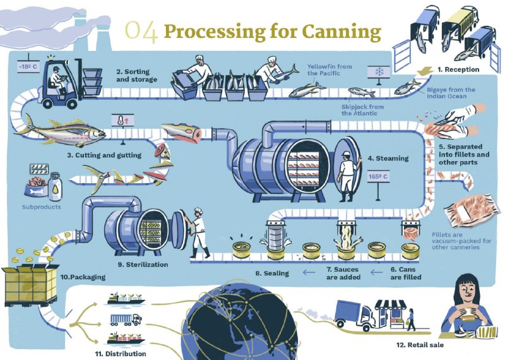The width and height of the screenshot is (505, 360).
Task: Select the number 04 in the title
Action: click(141, 31)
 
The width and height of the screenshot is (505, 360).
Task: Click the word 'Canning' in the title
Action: click(338, 30)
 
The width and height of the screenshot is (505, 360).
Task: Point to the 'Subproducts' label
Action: click(42, 207)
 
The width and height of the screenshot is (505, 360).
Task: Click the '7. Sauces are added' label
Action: click(343, 273)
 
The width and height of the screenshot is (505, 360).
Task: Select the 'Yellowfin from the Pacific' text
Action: click(329, 69)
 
